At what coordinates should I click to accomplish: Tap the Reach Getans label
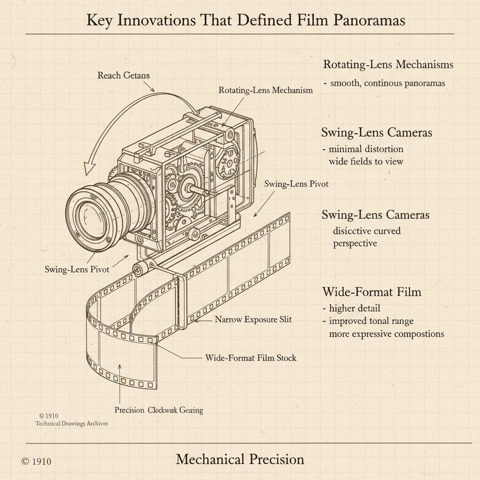[x=123, y=75]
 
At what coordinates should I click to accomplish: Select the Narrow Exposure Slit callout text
[x=253, y=320]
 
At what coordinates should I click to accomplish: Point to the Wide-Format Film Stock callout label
[x=251, y=358]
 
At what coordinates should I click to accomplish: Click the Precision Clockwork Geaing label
[x=159, y=410]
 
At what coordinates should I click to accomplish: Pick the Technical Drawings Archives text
[x=72, y=423]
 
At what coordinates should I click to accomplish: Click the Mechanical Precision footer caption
[x=240, y=459]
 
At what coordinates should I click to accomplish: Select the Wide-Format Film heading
[x=372, y=292]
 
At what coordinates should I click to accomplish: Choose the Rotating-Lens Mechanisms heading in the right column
[x=388, y=65]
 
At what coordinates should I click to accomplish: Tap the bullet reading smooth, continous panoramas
[x=387, y=83]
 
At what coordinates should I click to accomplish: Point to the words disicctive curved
[x=367, y=231]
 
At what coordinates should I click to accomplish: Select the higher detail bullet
[x=354, y=308]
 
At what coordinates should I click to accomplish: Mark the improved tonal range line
[x=371, y=321]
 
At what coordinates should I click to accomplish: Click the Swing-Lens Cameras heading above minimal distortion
[x=376, y=133]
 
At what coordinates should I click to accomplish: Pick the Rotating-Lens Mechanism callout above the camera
[x=265, y=90]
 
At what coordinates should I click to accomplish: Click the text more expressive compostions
[x=386, y=334]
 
